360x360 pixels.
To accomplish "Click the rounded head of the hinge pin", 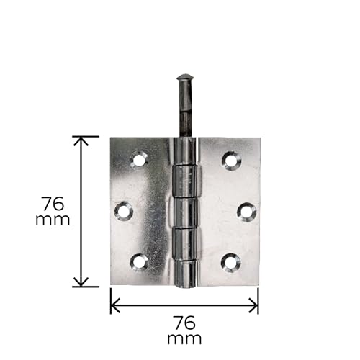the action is click(184, 77).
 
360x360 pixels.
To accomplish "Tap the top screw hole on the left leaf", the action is click(139, 160).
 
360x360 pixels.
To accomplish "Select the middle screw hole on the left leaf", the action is click(124, 212).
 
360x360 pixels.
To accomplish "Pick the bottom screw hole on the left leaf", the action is click(139, 262).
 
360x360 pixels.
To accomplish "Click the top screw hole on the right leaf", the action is click(231, 161).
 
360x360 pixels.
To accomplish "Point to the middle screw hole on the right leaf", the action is click(247, 212).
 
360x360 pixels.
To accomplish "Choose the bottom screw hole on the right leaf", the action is click(230, 263).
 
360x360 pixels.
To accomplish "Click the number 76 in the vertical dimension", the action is click(53, 204).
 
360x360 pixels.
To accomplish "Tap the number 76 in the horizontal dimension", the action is click(184, 323).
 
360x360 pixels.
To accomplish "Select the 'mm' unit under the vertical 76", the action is click(53, 220).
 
